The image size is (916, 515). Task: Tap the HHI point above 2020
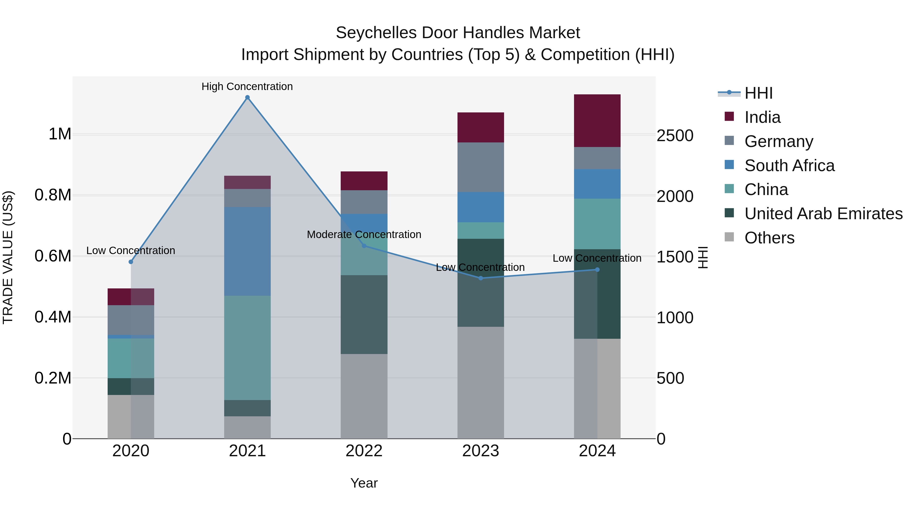click(131, 262)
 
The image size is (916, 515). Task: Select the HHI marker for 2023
click(480, 278)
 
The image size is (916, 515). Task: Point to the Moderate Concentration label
click(364, 234)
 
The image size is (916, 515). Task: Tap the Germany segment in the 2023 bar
click(480, 167)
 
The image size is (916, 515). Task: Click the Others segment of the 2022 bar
click(364, 396)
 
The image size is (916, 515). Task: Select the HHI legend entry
click(758, 93)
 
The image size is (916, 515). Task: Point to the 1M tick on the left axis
click(60, 134)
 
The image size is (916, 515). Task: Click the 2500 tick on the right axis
click(675, 136)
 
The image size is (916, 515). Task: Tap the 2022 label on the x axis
click(364, 451)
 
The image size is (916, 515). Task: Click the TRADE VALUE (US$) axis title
click(8, 257)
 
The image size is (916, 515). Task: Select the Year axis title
click(364, 483)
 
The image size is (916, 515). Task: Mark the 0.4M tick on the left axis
click(53, 317)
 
